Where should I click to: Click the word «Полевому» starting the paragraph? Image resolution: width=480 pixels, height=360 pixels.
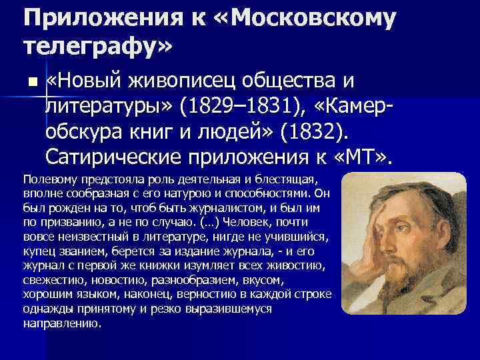click(48, 180)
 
